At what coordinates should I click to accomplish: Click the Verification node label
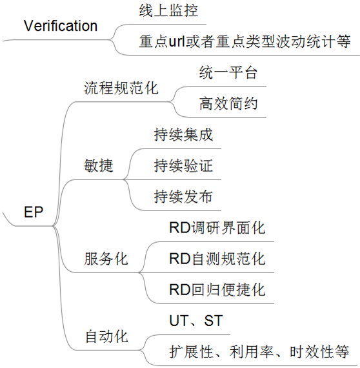61,26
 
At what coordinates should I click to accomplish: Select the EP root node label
34,212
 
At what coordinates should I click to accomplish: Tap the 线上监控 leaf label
168,10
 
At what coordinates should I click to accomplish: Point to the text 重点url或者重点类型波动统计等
245,41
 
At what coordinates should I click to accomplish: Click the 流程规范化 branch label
121,88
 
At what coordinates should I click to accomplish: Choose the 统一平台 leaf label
228,72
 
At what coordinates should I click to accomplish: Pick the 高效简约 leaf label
228,103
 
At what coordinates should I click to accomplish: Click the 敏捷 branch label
99,165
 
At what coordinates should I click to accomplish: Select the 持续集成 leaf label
183,134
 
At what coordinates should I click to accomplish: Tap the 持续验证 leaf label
183,165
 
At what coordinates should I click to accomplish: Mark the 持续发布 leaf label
183,196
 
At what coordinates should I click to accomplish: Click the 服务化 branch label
106,259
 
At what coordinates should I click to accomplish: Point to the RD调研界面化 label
217,228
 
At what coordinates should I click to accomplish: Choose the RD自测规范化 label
217,259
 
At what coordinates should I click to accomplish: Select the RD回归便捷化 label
217,290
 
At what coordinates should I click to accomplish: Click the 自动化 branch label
106,336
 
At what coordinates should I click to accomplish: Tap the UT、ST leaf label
196,321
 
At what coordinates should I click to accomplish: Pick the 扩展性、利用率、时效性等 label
259,352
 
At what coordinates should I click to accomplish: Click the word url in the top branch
177,41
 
